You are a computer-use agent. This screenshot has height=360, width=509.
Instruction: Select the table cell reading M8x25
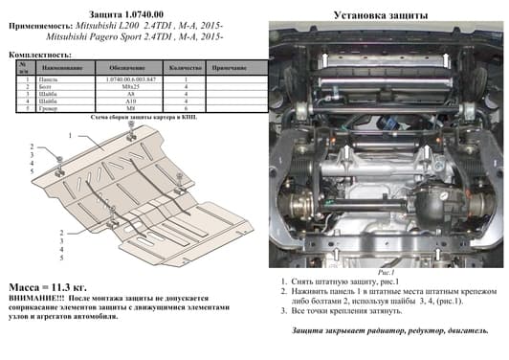pyautogui.click(x=119, y=86)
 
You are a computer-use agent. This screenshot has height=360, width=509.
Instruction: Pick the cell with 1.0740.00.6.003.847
pyautogui.click(x=119, y=79)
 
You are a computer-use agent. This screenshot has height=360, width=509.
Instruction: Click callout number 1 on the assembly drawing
pyautogui.click(x=70, y=137)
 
